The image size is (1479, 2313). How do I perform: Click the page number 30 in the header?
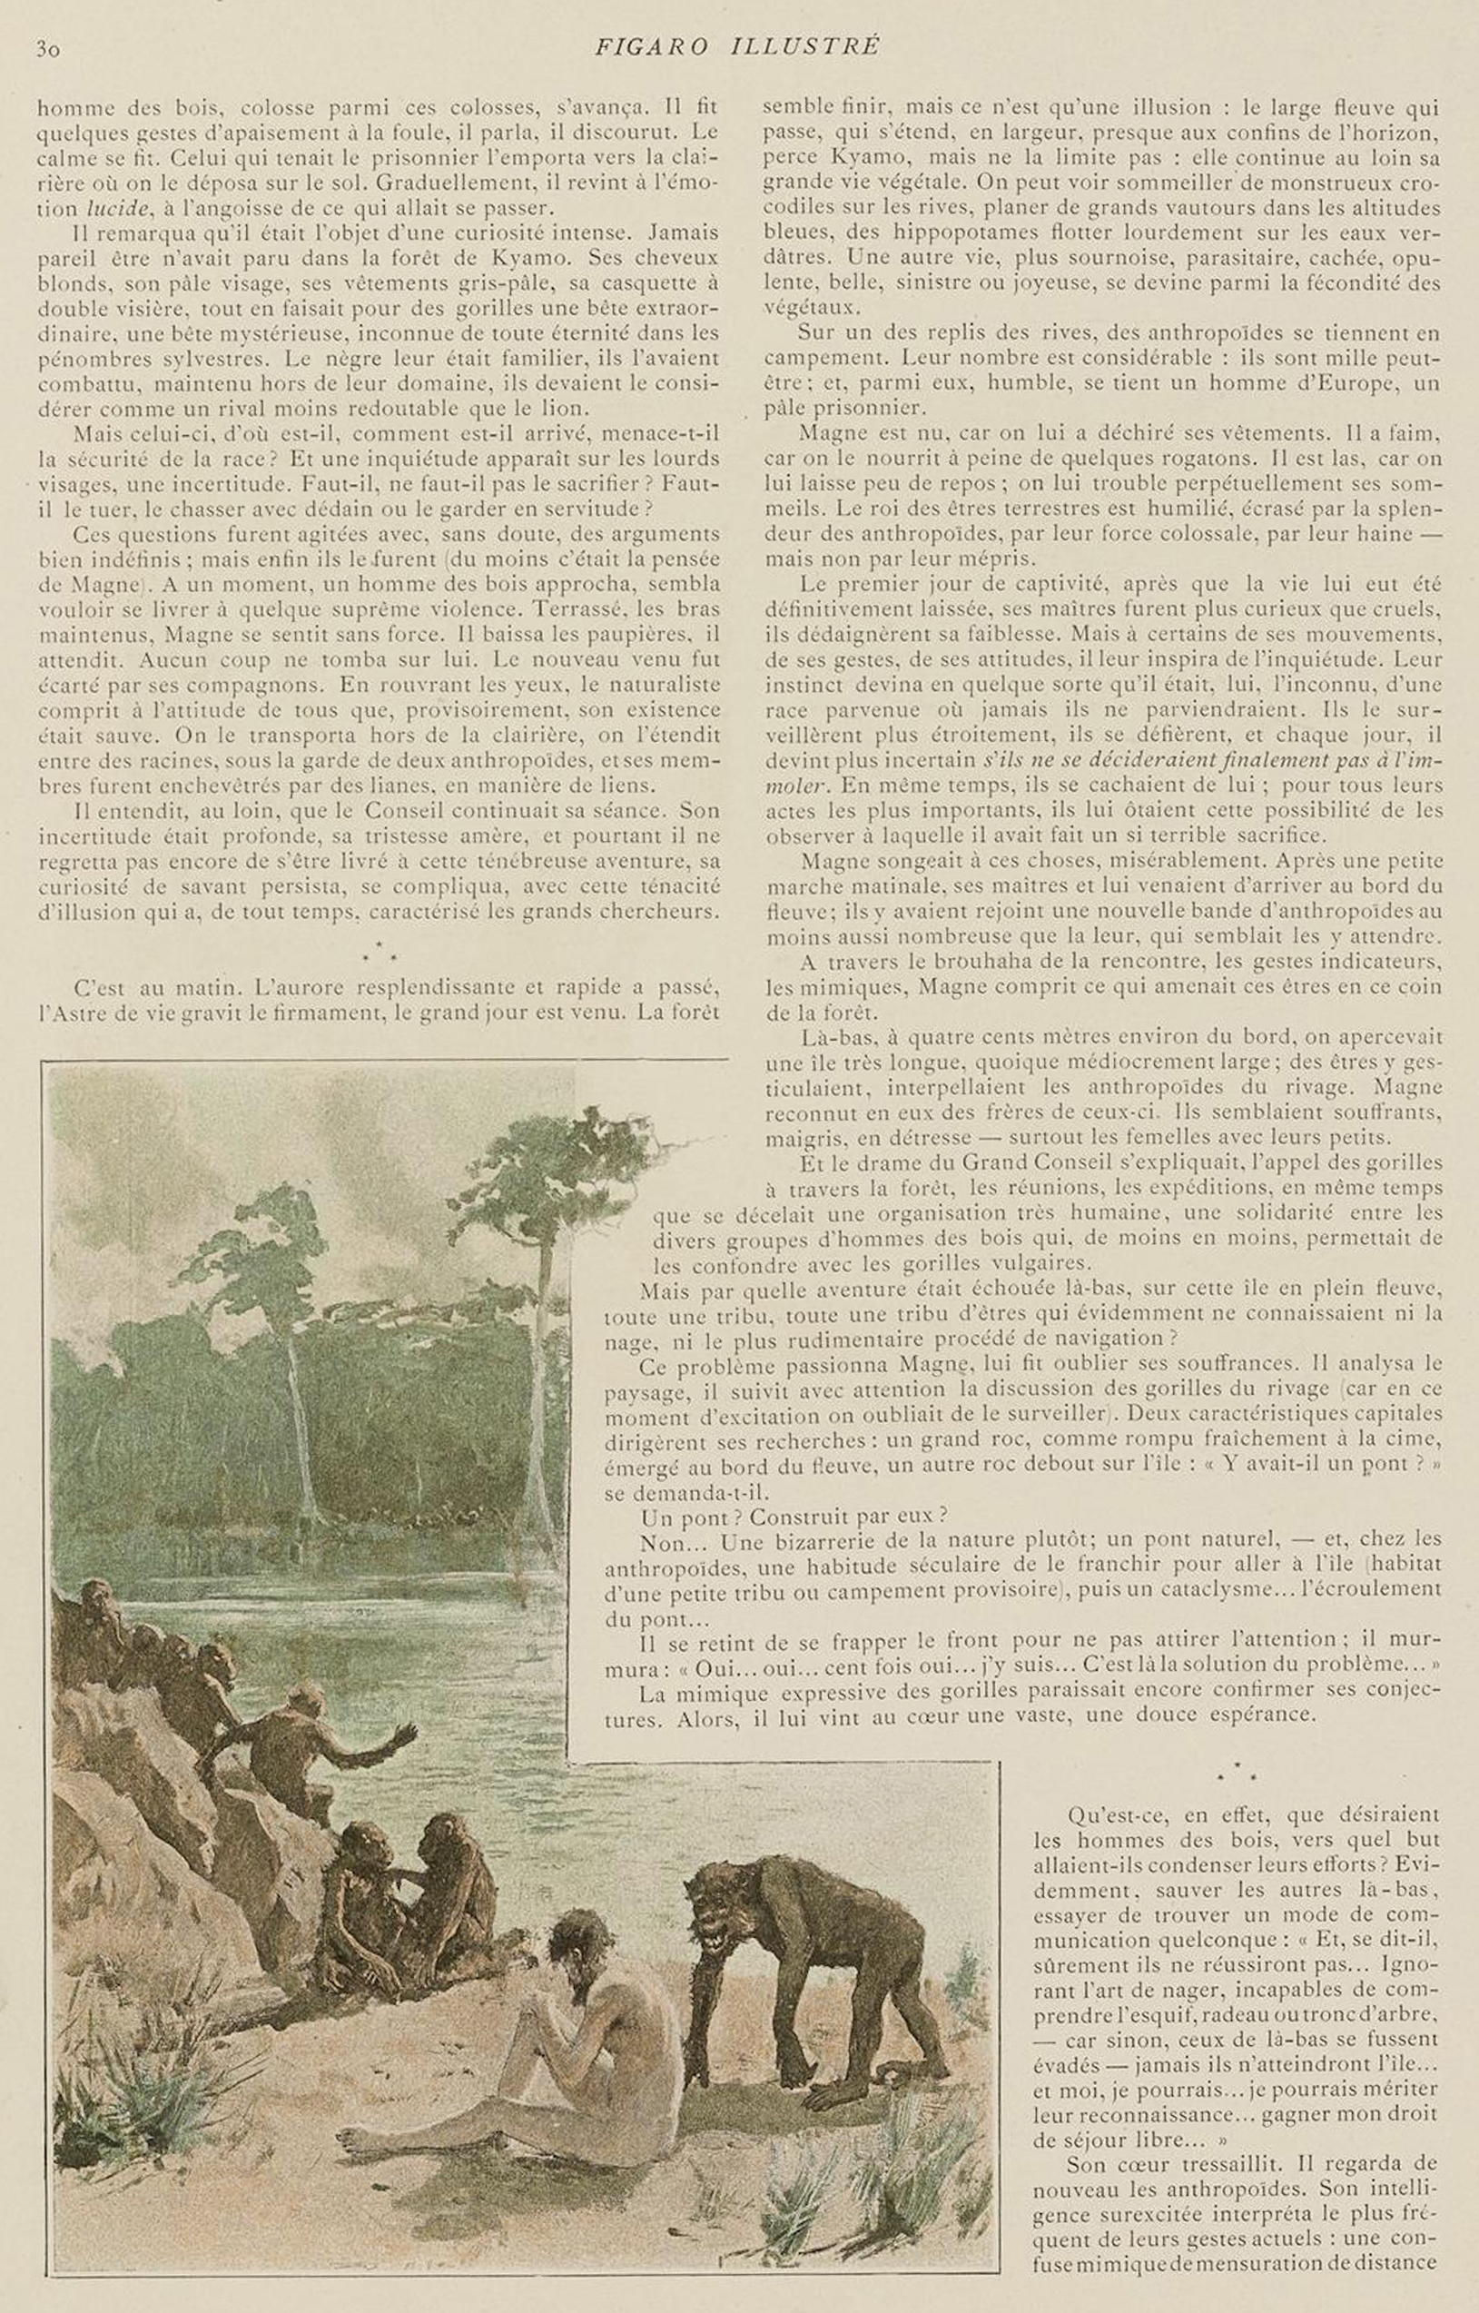click(x=48, y=48)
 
